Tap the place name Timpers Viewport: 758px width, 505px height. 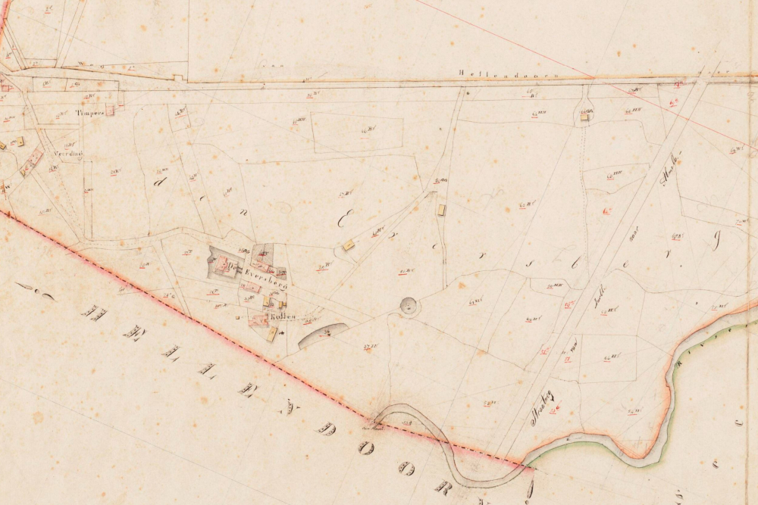[89, 113]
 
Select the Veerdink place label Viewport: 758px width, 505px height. [67, 154]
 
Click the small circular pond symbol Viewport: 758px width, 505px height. [409, 306]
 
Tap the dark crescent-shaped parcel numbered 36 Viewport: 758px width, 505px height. [322, 334]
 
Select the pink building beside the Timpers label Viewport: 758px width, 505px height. [110, 110]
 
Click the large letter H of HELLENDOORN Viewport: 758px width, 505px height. [94, 311]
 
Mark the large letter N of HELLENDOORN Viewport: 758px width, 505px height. [248, 389]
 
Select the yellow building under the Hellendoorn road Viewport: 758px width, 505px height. [584, 117]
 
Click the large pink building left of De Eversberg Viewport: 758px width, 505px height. [222, 264]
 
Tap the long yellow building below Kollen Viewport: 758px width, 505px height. [272, 334]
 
